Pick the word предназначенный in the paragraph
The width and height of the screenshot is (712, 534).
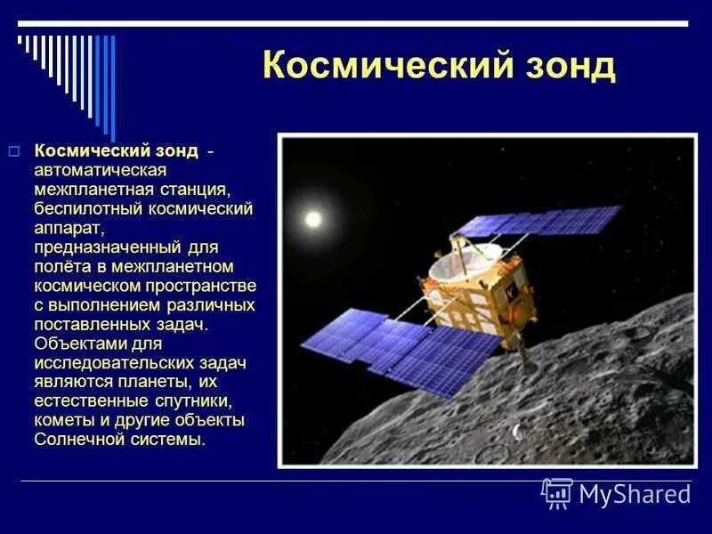click(x=108, y=247)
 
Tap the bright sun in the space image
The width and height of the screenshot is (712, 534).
click(x=311, y=218)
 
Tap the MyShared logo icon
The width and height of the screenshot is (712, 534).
click(x=557, y=492)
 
